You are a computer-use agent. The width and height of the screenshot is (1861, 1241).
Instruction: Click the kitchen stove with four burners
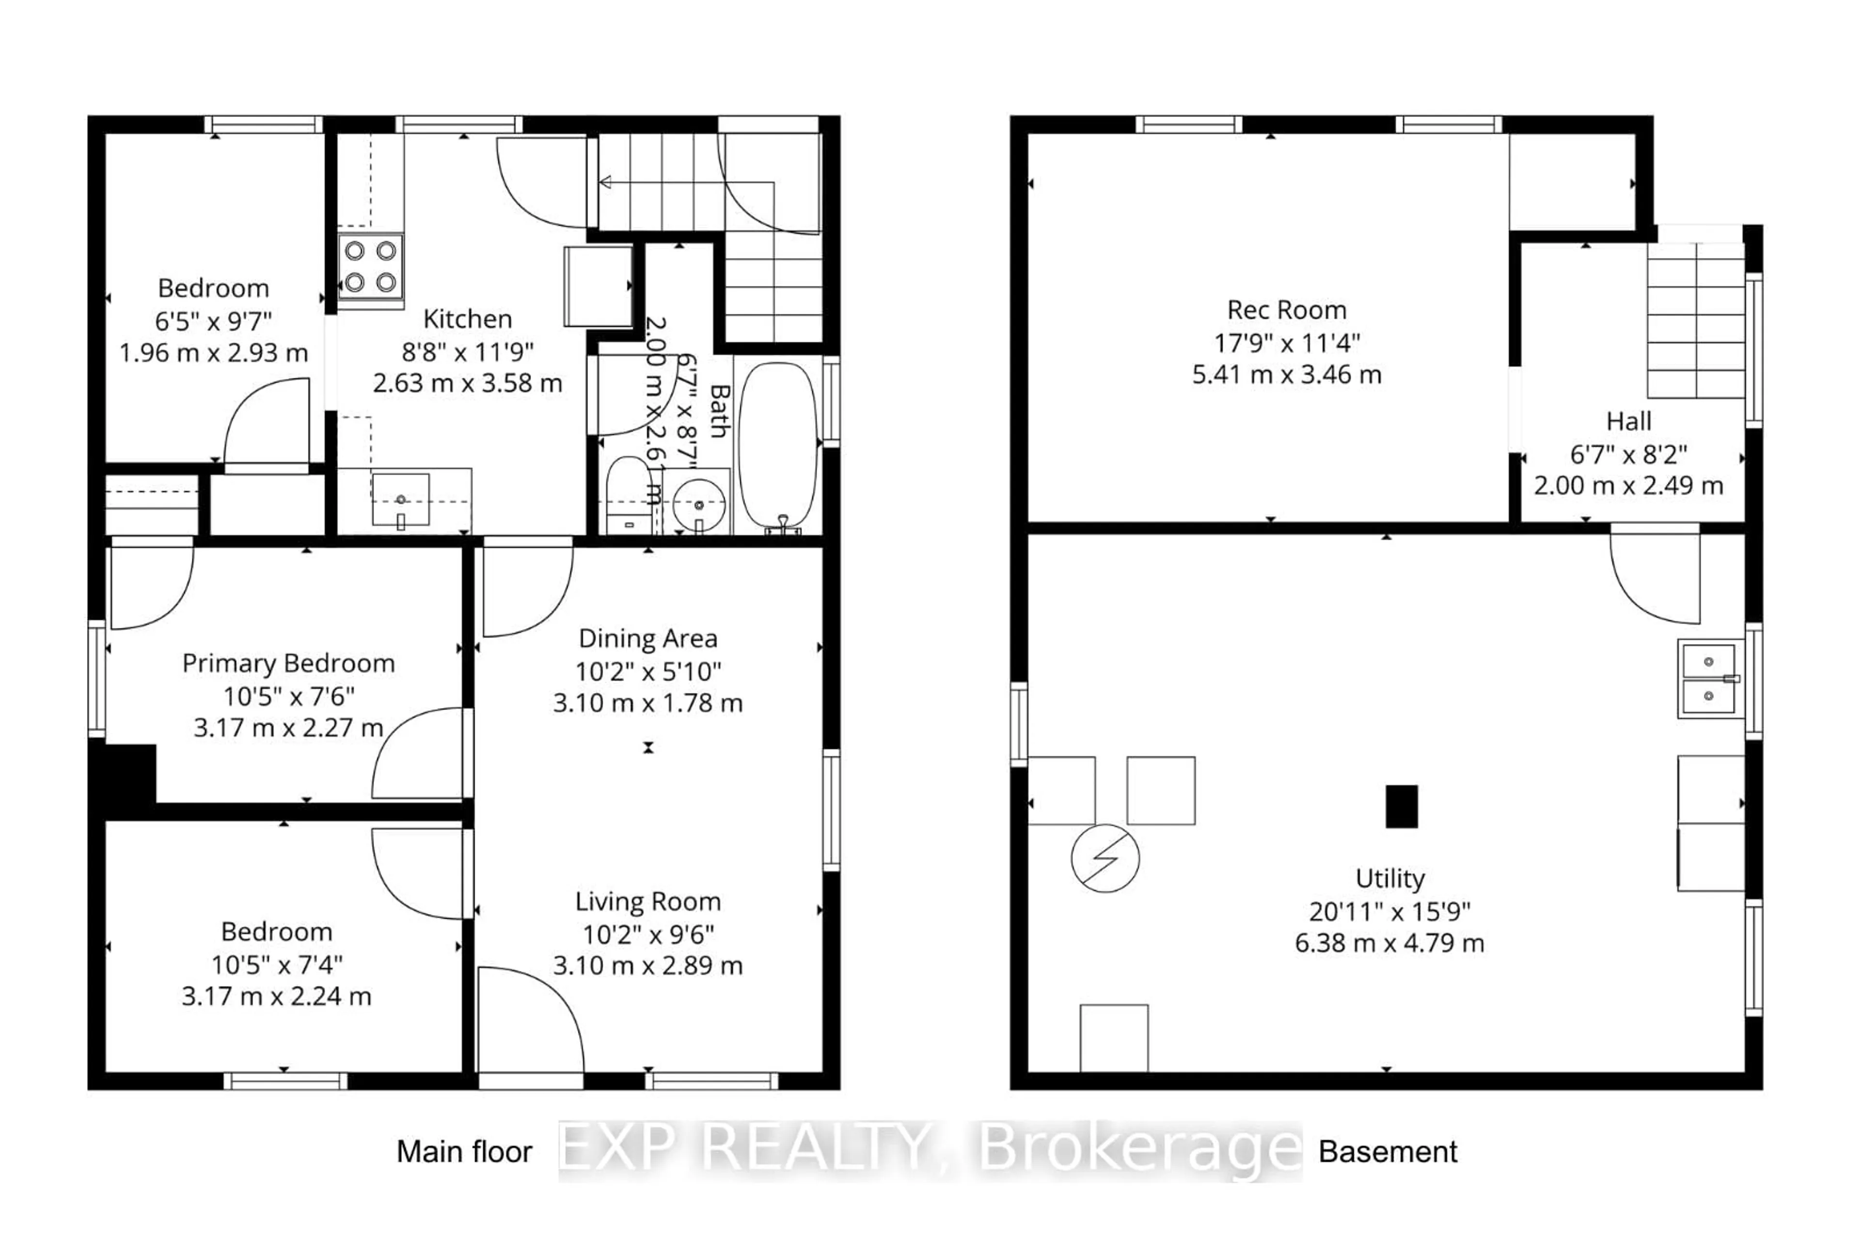pos(370,267)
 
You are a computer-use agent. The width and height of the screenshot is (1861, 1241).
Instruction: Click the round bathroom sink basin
pos(698,504)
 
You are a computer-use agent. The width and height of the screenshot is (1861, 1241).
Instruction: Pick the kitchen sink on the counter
pos(400,500)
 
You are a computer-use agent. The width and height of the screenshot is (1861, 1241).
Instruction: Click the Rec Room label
pos(1286,310)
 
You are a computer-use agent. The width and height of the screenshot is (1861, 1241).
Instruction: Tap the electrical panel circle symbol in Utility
pos(1105,858)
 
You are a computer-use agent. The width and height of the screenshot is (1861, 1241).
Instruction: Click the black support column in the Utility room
pos(1401,806)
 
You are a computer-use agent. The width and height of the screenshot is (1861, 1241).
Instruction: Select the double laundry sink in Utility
pos(1708,678)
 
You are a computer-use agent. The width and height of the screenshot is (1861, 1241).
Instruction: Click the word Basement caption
pos(1387,1151)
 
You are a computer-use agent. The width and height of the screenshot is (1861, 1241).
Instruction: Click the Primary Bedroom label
pos(288,663)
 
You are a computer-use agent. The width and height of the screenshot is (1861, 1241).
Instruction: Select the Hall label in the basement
pos(1628,421)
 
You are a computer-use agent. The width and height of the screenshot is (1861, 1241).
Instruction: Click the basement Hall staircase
pos(1696,320)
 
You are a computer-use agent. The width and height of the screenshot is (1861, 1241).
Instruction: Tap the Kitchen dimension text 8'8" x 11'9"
pos(467,351)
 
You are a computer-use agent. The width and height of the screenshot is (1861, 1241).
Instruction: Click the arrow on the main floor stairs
pos(606,183)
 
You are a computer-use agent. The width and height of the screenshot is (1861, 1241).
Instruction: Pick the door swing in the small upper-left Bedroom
pos(267,424)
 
